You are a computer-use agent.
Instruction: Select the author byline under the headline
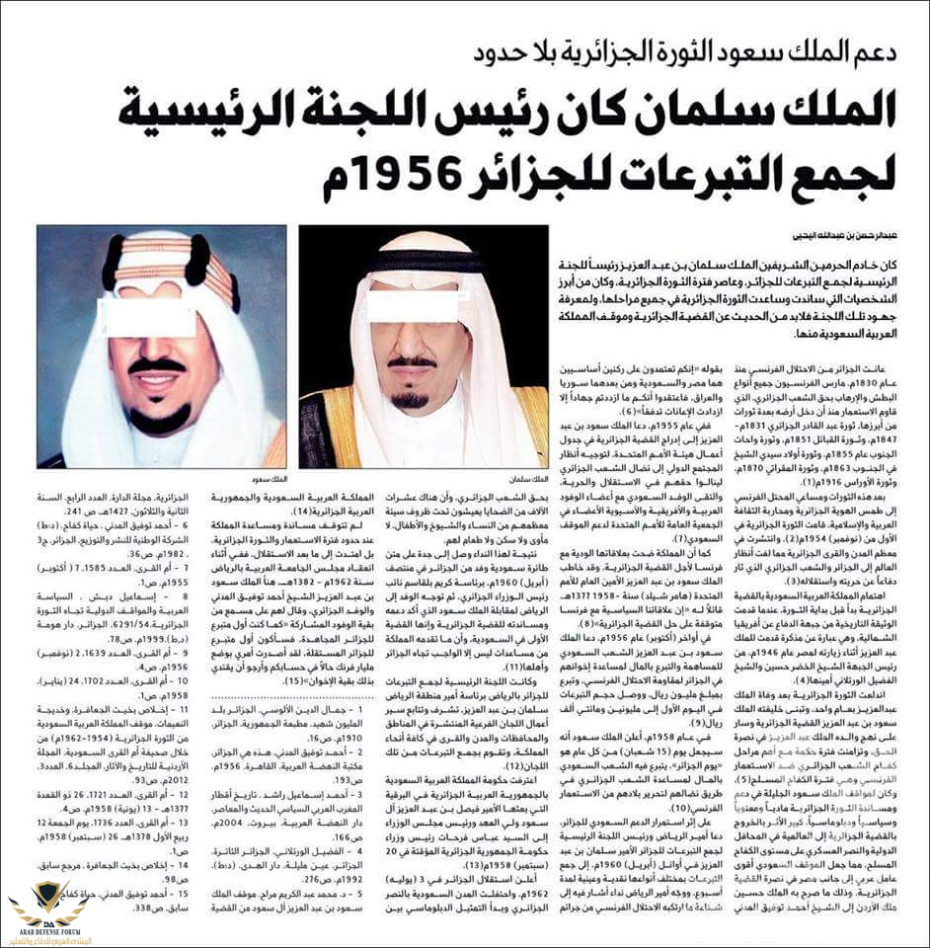[x=806, y=237]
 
